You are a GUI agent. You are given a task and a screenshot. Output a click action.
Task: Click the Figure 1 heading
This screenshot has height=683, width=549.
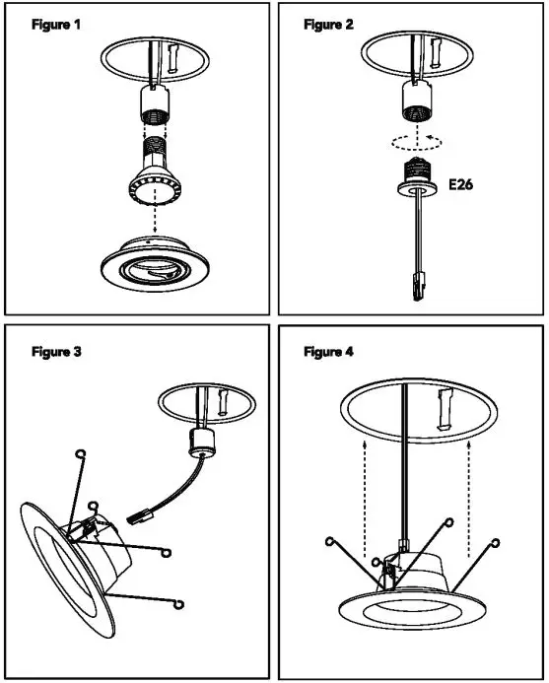tap(55, 25)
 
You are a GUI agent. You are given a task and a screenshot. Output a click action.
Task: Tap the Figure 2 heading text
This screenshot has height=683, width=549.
tap(328, 25)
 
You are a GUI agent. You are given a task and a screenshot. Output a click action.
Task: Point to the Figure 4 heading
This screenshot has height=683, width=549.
tap(328, 352)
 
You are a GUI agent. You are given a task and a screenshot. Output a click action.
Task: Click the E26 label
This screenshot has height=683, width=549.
tap(462, 183)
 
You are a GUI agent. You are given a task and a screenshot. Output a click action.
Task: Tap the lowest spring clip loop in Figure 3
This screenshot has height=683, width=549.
tap(182, 605)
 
